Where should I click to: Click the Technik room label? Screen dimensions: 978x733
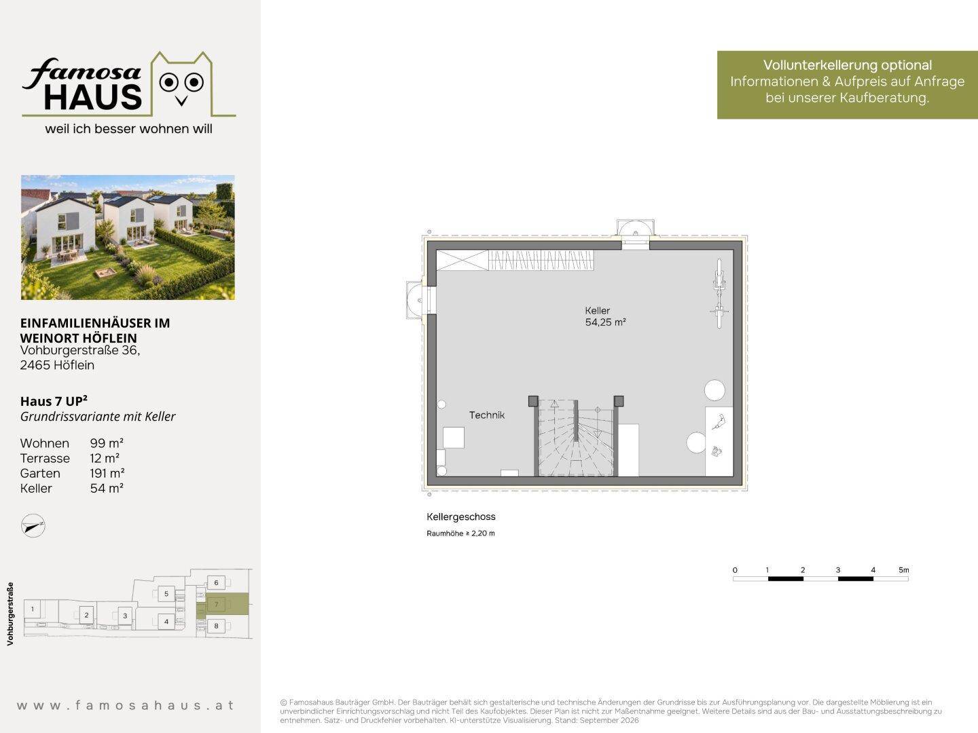(486, 415)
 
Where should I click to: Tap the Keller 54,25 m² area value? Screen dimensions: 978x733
(605, 322)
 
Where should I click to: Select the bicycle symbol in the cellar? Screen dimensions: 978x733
(719, 293)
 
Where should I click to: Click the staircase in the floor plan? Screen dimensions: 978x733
(576, 437)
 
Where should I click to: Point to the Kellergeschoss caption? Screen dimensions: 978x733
(460, 516)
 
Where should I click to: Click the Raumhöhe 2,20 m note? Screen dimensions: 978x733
(460, 533)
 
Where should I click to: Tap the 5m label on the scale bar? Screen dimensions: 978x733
(903, 569)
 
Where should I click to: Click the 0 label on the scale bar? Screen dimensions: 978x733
(735, 570)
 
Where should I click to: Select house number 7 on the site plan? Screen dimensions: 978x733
(217, 604)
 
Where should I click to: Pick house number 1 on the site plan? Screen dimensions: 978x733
(33, 609)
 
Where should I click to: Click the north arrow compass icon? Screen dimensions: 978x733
(33, 525)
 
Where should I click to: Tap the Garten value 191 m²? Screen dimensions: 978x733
(107, 473)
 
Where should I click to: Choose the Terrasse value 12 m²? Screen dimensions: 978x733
(105, 458)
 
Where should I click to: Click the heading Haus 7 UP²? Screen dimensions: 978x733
(54, 401)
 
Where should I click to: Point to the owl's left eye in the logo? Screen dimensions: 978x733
(168, 82)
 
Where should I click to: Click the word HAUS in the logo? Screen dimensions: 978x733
(92, 97)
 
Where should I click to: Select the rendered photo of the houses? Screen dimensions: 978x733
(128, 238)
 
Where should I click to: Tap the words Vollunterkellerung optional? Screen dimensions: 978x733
(848, 65)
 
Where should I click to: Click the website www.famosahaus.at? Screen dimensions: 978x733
(125, 705)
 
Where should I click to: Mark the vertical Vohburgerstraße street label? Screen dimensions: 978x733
(10, 614)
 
